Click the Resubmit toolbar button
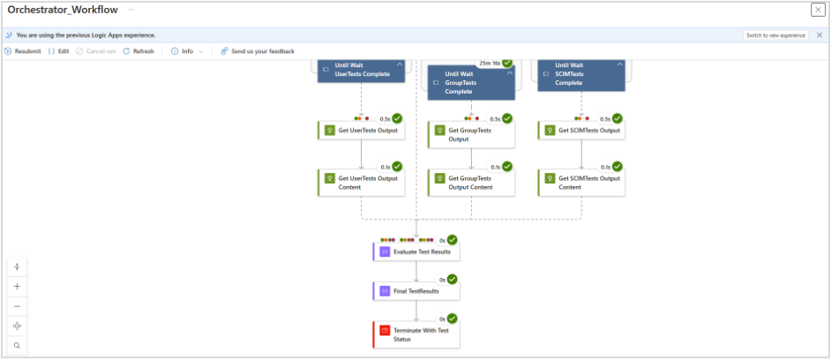[23, 51]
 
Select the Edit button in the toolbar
[59, 51]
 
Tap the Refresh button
[138, 51]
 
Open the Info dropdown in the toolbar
[187, 51]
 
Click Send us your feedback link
[258, 51]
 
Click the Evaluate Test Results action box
[416, 251]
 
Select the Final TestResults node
[416, 291]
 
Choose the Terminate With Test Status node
[416, 334]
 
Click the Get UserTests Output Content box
[362, 183]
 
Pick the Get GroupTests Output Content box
[472, 183]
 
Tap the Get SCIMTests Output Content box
[582, 183]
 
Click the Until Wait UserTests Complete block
[362, 71]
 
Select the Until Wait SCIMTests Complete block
[582, 75]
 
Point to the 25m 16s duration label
[490, 64]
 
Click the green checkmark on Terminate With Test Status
[452, 319]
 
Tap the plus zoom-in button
[17, 287]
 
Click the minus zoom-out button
[17, 306]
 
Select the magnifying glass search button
[17, 346]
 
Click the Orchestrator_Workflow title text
[63, 10]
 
